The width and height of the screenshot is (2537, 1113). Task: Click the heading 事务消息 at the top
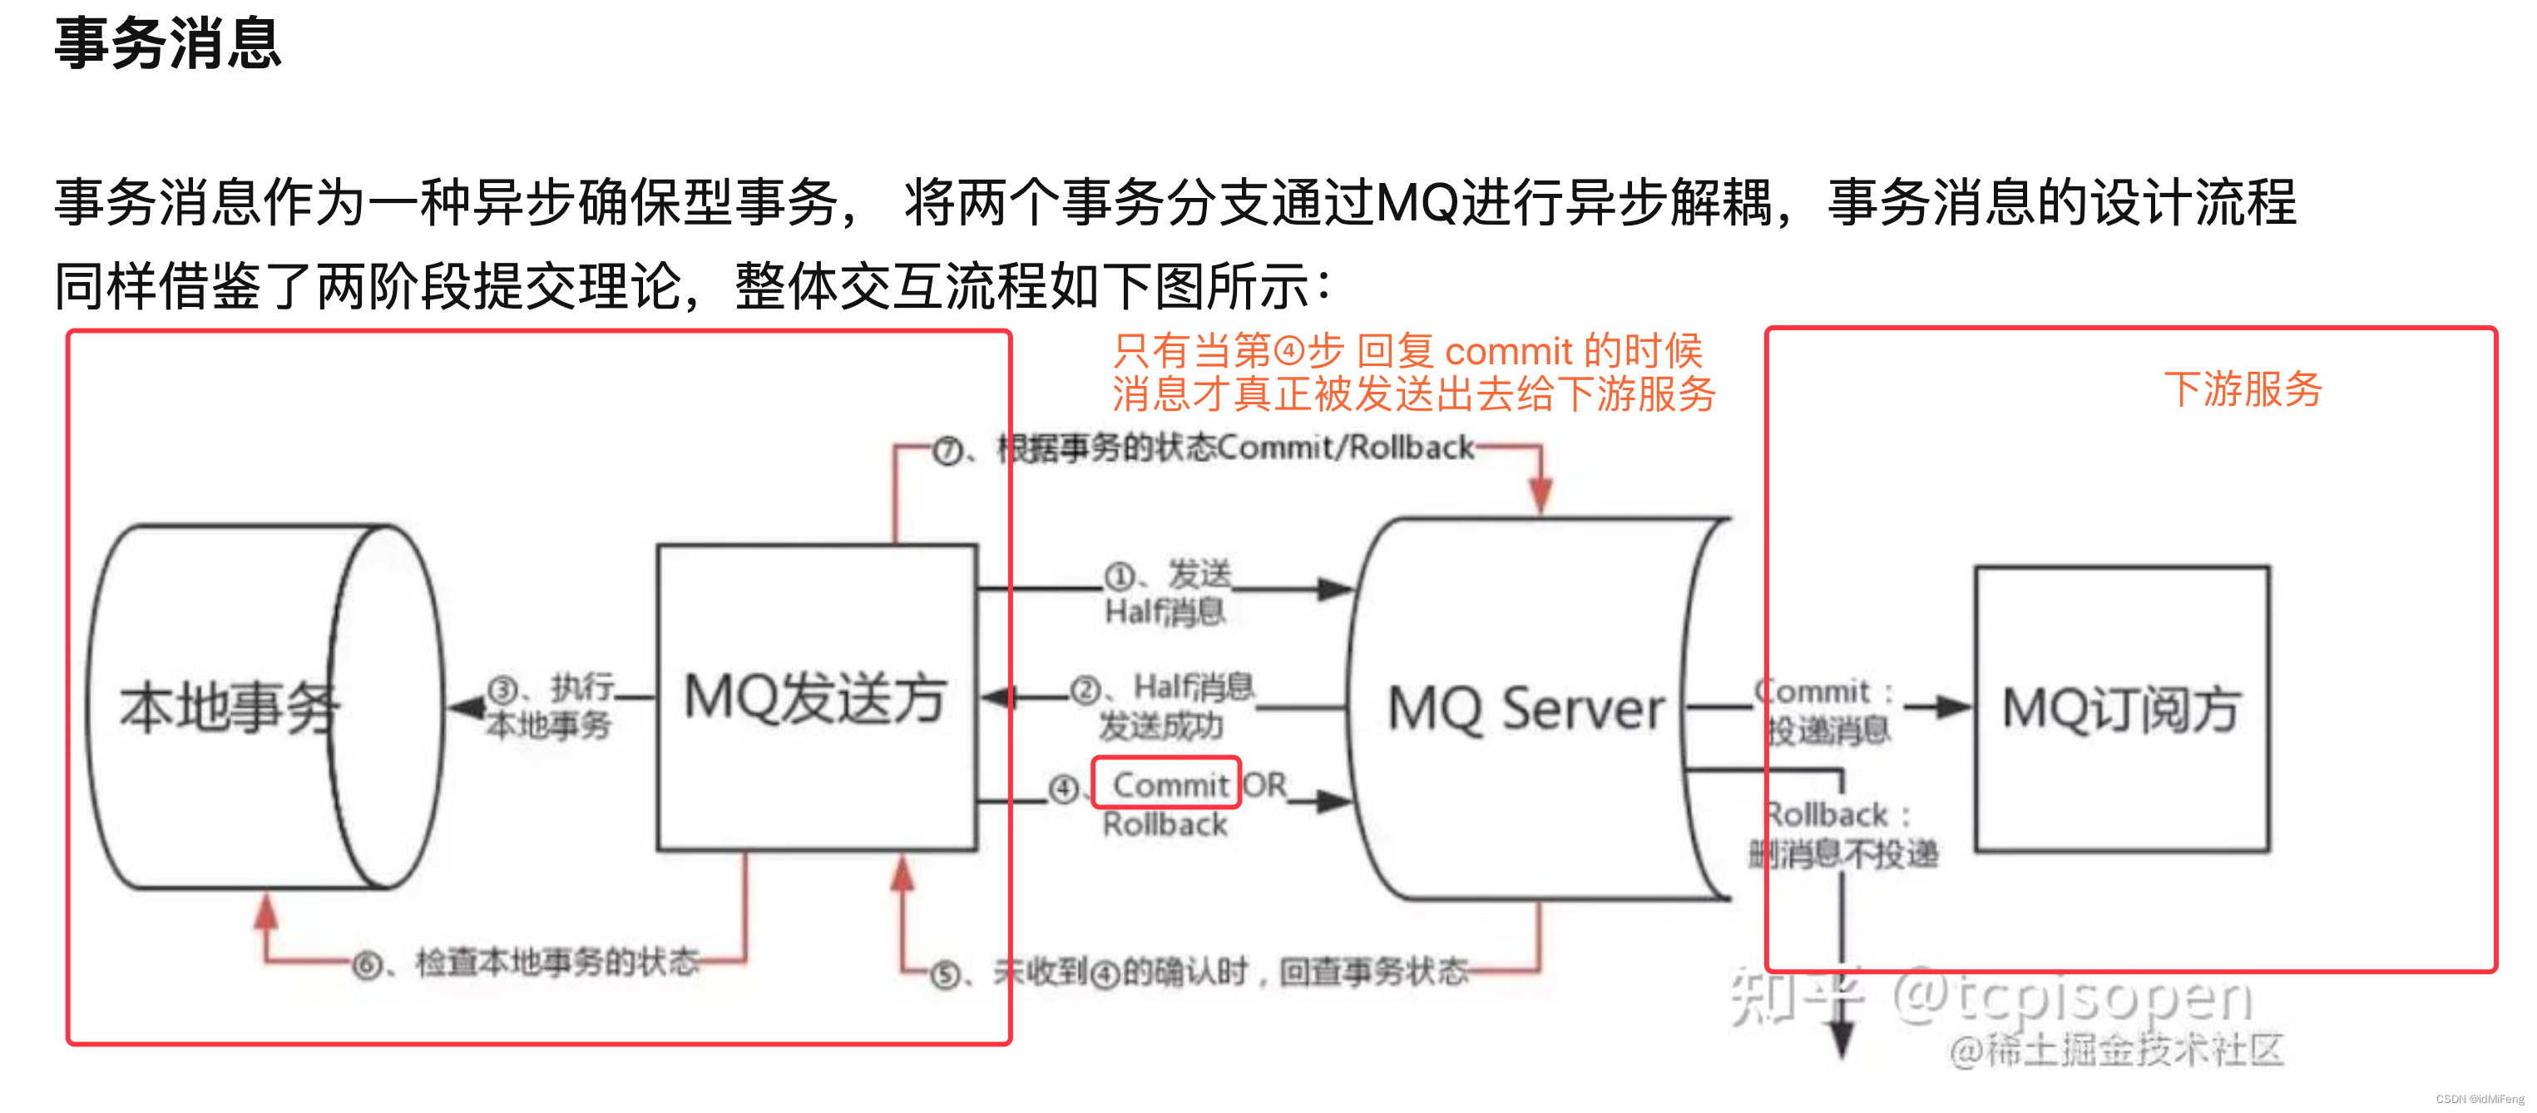click(167, 44)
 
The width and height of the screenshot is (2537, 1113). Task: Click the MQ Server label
click(1526, 710)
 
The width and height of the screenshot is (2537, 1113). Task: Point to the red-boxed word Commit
click(1169, 784)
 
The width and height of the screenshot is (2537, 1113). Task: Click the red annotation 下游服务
click(2243, 389)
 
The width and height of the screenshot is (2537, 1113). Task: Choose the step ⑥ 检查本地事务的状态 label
click(527, 963)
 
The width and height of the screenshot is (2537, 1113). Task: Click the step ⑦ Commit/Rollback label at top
click(1204, 449)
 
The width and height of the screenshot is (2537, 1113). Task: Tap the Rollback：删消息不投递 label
click(1842, 834)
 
